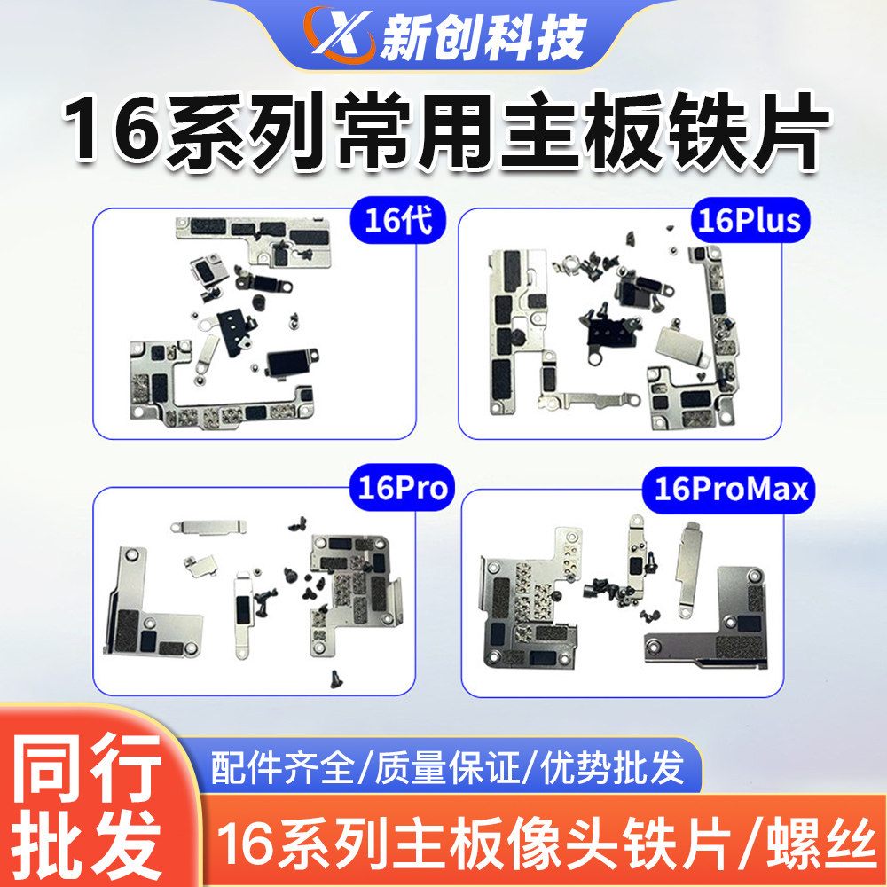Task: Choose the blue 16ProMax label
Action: [732, 489]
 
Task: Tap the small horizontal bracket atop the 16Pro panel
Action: [206, 527]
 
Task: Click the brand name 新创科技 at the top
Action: [483, 37]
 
